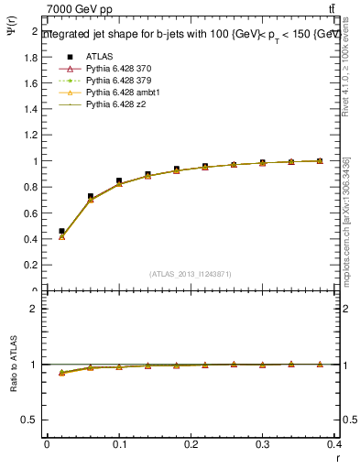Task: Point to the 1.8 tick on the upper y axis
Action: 32,57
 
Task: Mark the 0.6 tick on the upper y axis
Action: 32,213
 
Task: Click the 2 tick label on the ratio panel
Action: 34,309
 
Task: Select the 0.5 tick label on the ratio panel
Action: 30,420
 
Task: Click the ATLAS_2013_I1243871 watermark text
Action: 191,274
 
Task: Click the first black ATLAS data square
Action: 61,232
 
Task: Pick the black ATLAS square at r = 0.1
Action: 119,181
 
